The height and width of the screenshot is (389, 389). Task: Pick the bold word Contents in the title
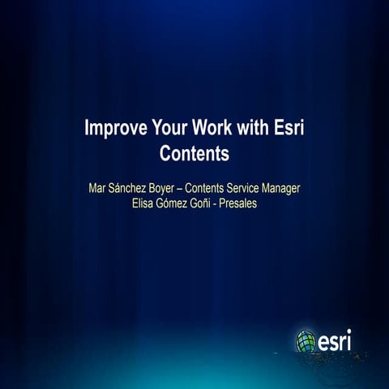194,152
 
